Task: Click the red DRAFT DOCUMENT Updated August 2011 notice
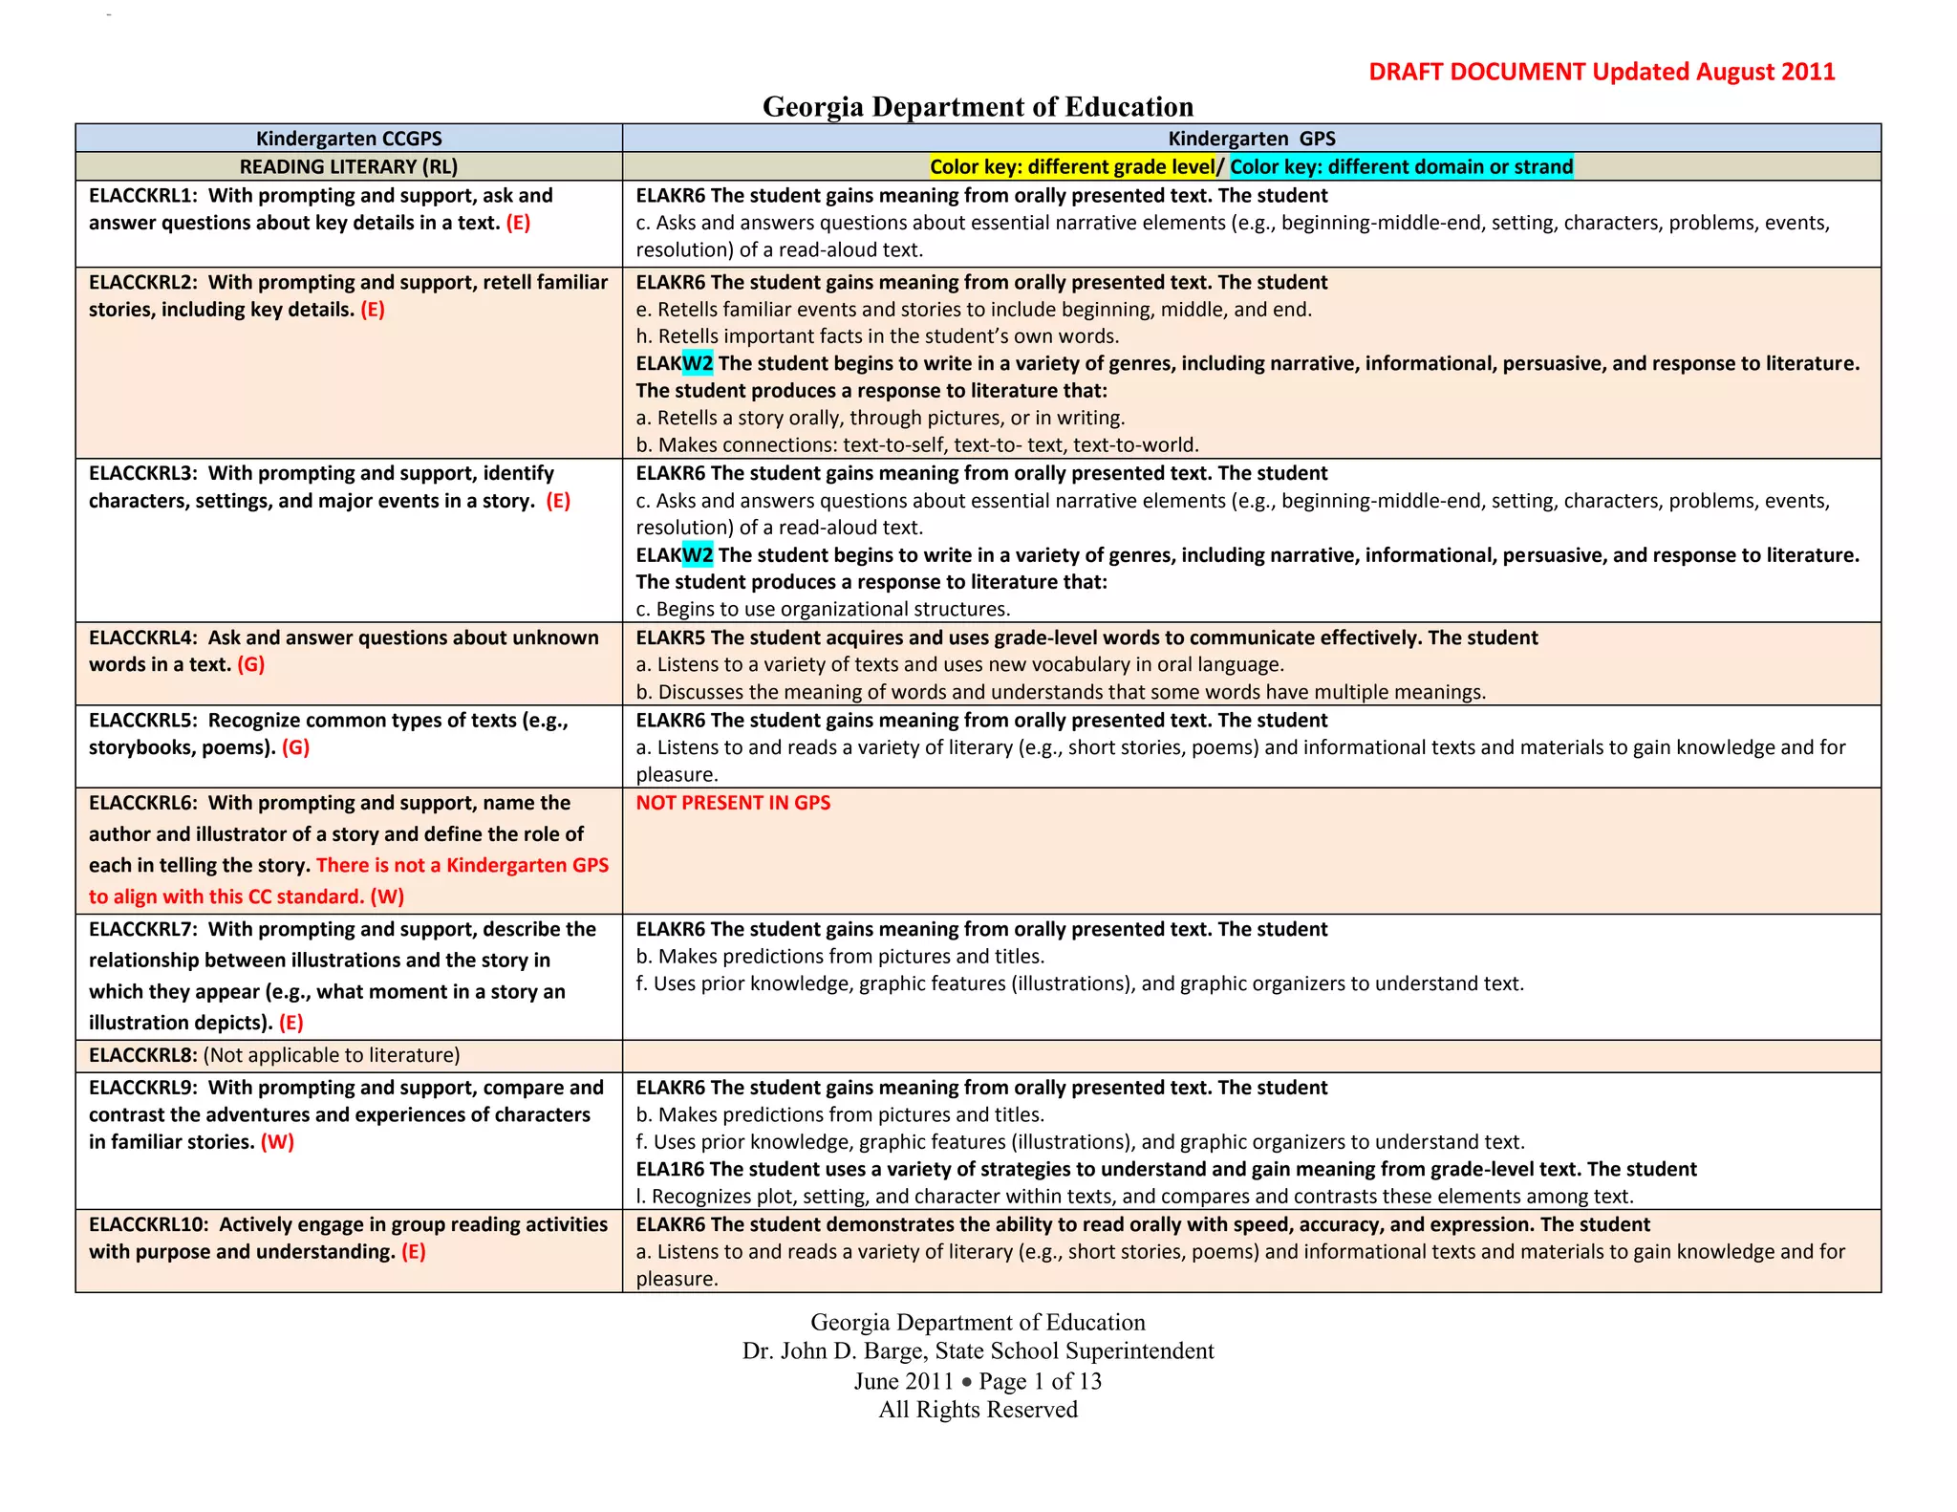tap(1602, 72)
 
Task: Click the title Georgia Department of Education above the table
tap(978, 106)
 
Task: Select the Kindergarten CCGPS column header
tap(349, 138)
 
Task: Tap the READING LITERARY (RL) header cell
tap(349, 166)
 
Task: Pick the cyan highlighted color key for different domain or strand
tap(1401, 166)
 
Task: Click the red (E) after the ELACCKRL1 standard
tap(518, 223)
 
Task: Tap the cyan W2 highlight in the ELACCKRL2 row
tap(698, 363)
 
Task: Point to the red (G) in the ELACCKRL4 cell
tap(251, 664)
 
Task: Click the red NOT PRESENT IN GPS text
tap(733, 803)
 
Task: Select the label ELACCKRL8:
tap(143, 1055)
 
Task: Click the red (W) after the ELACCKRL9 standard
tap(278, 1142)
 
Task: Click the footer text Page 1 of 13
tap(1040, 1381)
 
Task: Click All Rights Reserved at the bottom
tap(978, 1410)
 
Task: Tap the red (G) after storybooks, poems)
tap(296, 747)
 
